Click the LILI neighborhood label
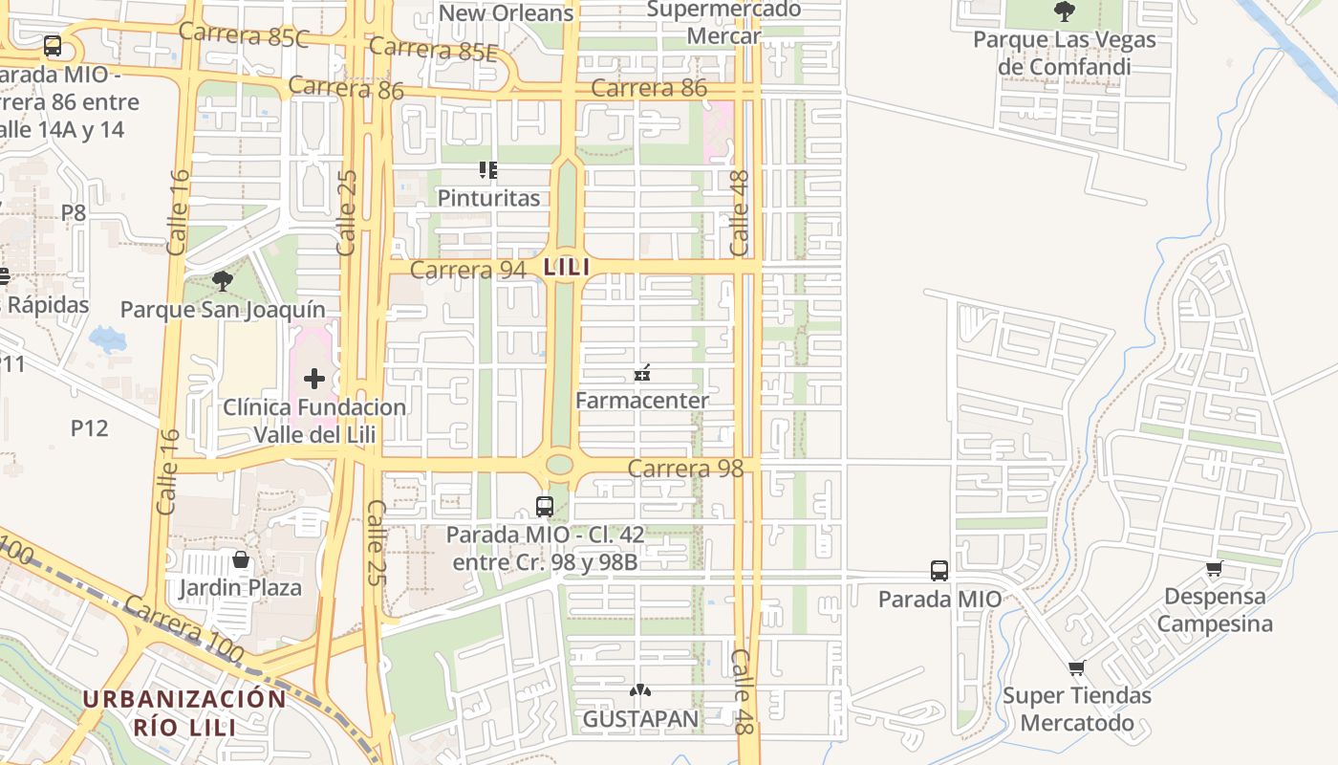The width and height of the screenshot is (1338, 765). (x=567, y=267)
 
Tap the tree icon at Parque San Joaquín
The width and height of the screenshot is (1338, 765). (x=223, y=281)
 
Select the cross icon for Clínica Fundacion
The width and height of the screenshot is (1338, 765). (x=314, y=379)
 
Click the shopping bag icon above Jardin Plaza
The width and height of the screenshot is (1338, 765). (x=241, y=559)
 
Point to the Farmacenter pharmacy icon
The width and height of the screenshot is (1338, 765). (x=642, y=373)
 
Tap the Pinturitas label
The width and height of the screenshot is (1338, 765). (x=488, y=198)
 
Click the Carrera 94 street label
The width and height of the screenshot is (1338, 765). (x=468, y=271)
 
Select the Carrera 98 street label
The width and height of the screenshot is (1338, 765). (x=685, y=469)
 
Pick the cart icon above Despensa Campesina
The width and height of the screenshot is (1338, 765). (x=1214, y=569)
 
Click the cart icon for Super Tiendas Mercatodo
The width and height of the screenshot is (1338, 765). (x=1077, y=667)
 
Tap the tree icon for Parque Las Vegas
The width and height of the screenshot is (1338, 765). (x=1064, y=11)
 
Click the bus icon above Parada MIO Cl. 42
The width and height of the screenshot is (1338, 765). (x=545, y=507)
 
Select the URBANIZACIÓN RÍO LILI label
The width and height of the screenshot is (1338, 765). (x=184, y=712)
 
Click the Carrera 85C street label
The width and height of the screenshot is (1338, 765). (x=244, y=35)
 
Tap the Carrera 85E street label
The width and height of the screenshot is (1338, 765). (x=433, y=48)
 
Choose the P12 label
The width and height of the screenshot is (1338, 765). (x=89, y=427)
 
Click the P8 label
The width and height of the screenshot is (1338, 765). (x=74, y=212)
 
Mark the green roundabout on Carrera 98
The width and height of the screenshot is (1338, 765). (x=559, y=465)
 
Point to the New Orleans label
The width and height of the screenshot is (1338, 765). (x=506, y=12)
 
